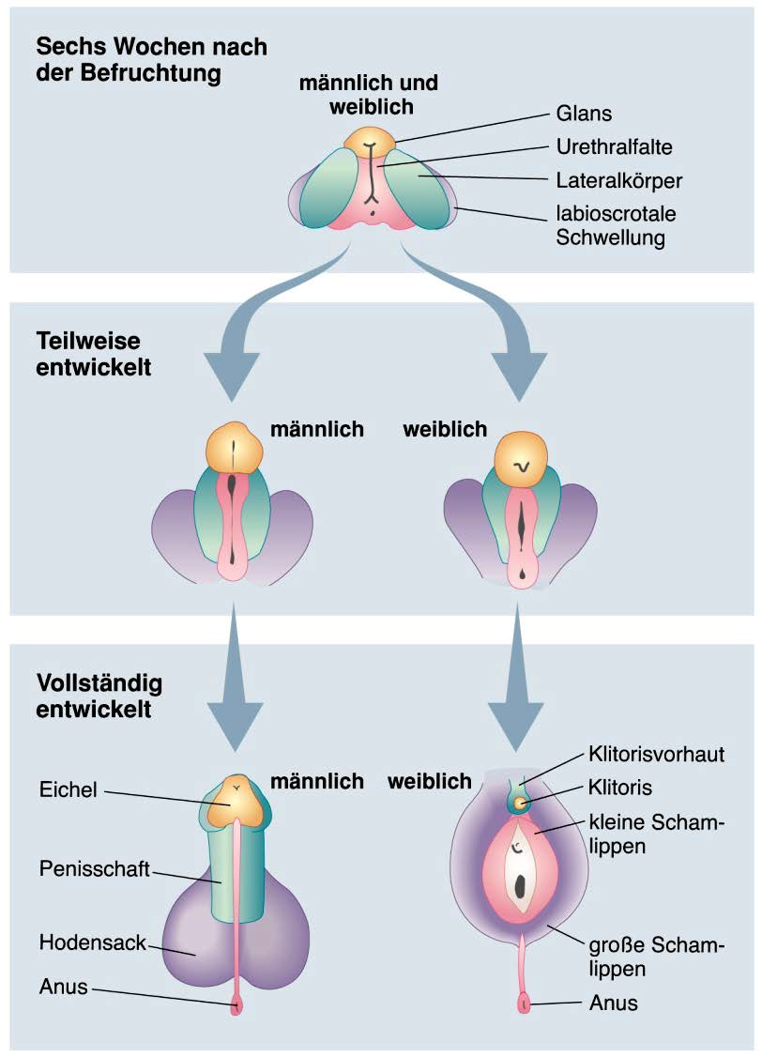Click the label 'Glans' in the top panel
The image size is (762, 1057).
coord(585,115)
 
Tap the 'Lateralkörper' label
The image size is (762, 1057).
coord(618,180)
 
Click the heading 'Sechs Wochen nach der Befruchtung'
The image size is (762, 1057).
coord(151,59)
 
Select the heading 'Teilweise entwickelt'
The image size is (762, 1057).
coord(94,353)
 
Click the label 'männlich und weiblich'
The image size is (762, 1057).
coord(370,95)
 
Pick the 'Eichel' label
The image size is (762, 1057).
coord(69,790)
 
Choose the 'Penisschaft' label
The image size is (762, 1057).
coord(95,867)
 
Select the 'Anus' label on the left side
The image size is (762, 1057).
coord(64,987)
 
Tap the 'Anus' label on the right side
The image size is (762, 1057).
coord(613,1003)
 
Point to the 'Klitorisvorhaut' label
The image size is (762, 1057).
coord(656,754)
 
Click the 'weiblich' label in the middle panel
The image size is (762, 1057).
coord(445,429)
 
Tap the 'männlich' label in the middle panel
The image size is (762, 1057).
coord(317,429)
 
